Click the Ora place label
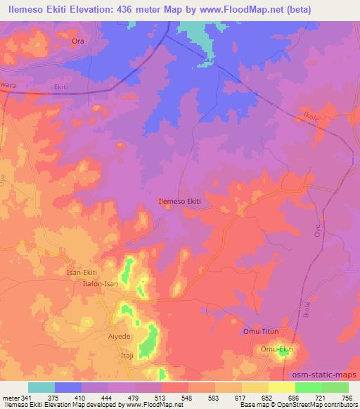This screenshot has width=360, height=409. tap(78, 41)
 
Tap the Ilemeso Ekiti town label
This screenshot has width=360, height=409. tap(180, 202)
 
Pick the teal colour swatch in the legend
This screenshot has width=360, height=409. tap(41, 387)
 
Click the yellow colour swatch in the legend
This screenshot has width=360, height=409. tap(281, 387)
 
